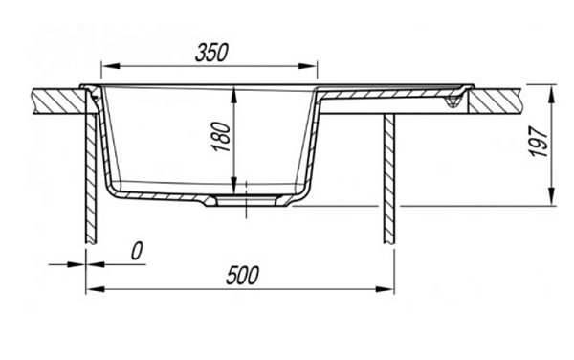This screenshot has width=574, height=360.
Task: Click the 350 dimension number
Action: point(211,53)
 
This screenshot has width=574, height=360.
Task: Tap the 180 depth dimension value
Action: point(222,137)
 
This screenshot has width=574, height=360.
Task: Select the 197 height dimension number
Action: point(540,142)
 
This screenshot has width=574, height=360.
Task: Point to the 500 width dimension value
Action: point(242,276)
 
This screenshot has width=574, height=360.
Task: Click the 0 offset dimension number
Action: point(137,251)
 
